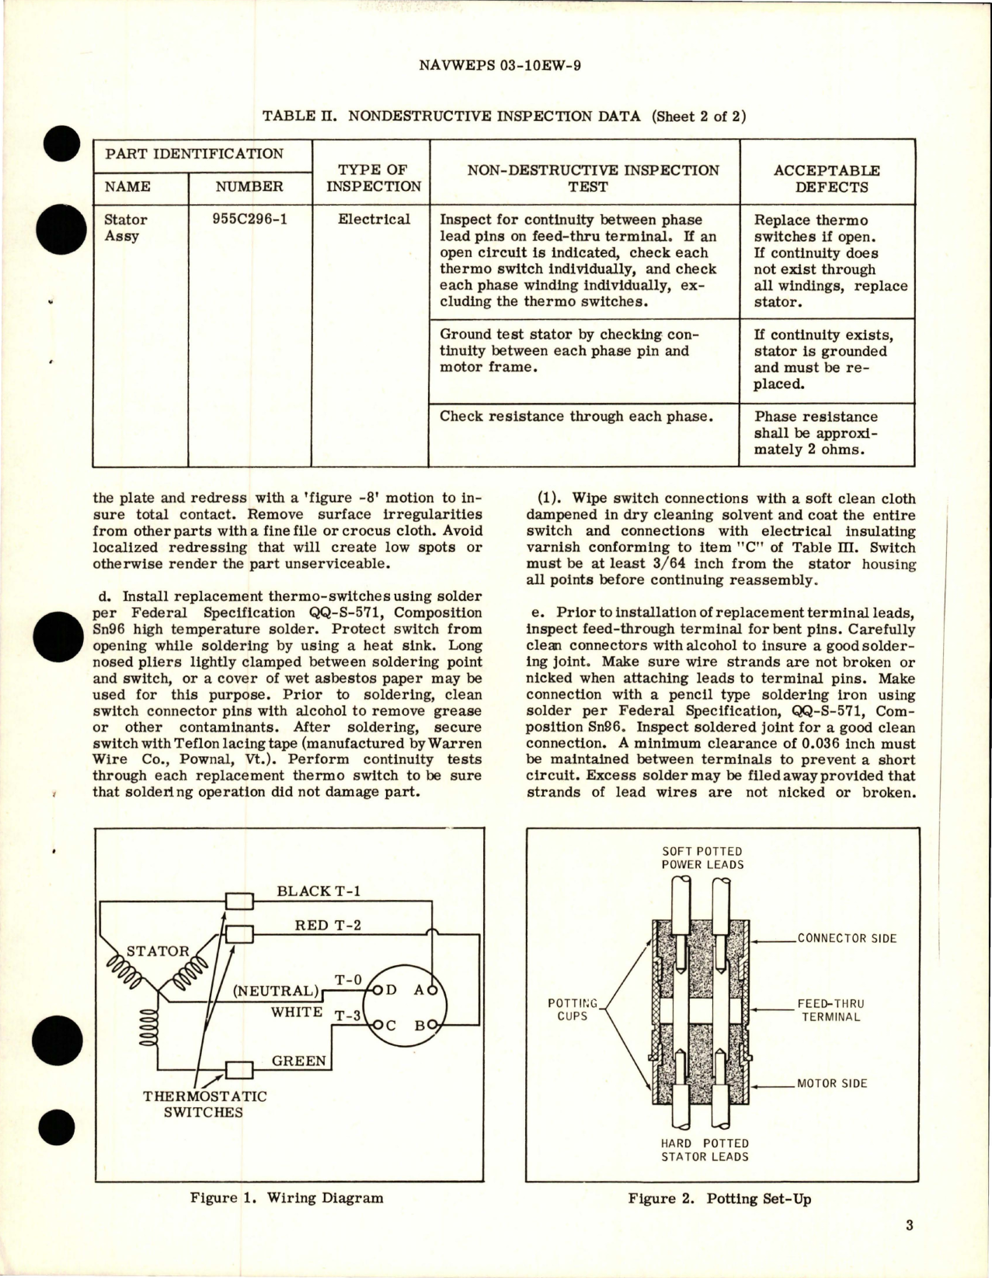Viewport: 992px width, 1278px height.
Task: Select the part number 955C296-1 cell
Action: pos(249,219)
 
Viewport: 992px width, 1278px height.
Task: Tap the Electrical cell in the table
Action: pos(374,219)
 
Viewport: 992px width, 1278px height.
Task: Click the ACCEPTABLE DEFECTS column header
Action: pos(827,179)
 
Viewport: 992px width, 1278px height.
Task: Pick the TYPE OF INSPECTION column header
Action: pos(373,178)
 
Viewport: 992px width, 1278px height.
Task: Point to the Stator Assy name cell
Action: pos(125,227)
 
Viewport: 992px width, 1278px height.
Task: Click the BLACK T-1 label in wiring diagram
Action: pos(314,891)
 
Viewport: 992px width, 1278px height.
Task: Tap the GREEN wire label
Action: pos(299,1061)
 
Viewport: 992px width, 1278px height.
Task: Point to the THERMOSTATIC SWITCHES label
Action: pos(204,1104)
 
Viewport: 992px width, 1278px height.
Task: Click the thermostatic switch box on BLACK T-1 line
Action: pos(238,901)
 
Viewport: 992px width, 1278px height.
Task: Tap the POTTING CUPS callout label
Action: pos(573,1009)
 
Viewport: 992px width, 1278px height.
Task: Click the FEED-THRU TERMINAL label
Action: pos(830,1009)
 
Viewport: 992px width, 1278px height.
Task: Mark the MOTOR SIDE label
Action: pos(832,1083)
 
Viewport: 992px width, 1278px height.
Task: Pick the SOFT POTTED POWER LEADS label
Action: pos(702,858)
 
